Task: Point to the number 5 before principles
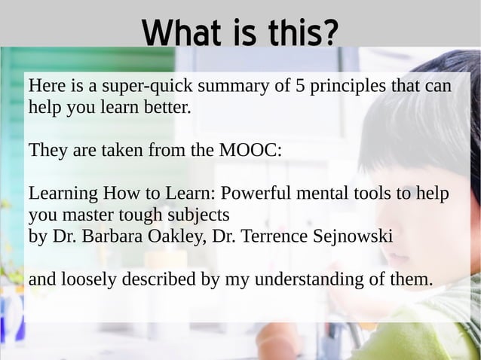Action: [x=299, y=87]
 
